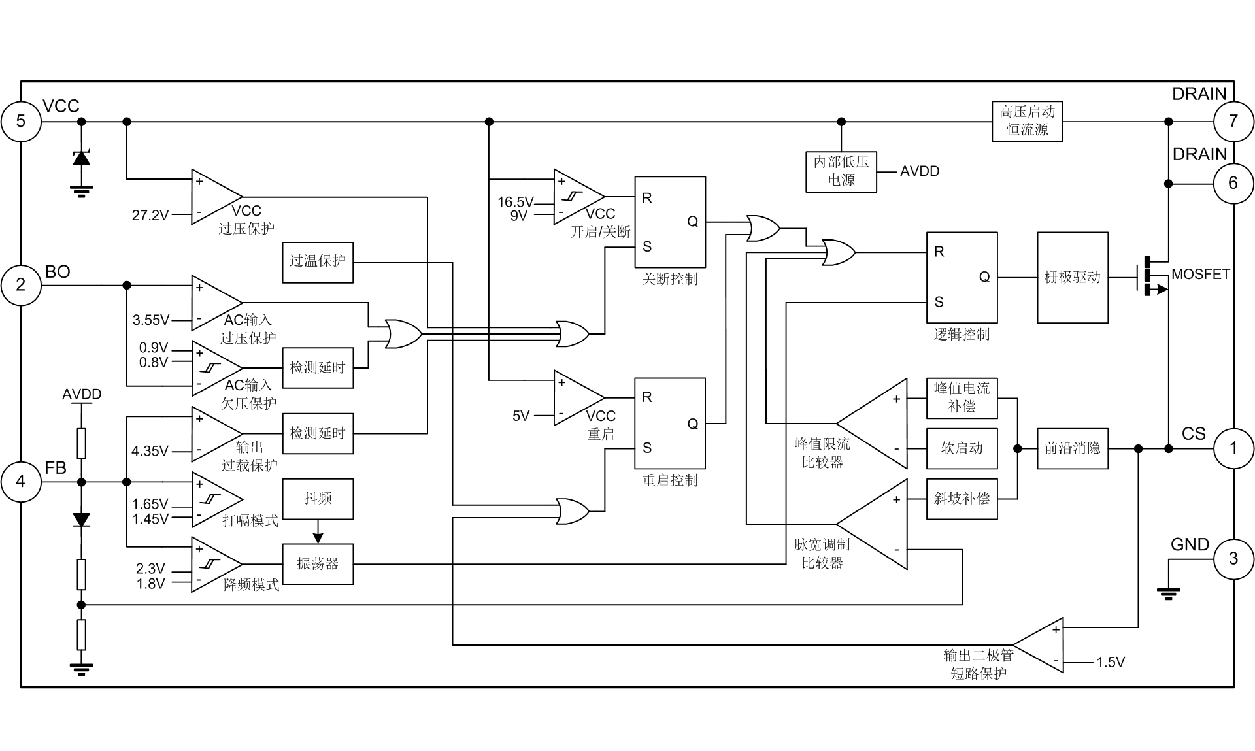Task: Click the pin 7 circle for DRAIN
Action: pyautogui.click(x=1234, y=122)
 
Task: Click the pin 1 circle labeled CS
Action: pyautogui.click(x=1234, y=448)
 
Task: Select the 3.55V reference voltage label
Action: pyautogui.click(x=152, y=322)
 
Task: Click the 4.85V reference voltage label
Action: pyautogui.click(x=152, y=451)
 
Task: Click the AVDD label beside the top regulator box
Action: pyautogui.click(x=921, y=171)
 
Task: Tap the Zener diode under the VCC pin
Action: pyautogui.click(x=81, y=157)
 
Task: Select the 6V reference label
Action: pyautogui.click(x=521, y=416)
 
